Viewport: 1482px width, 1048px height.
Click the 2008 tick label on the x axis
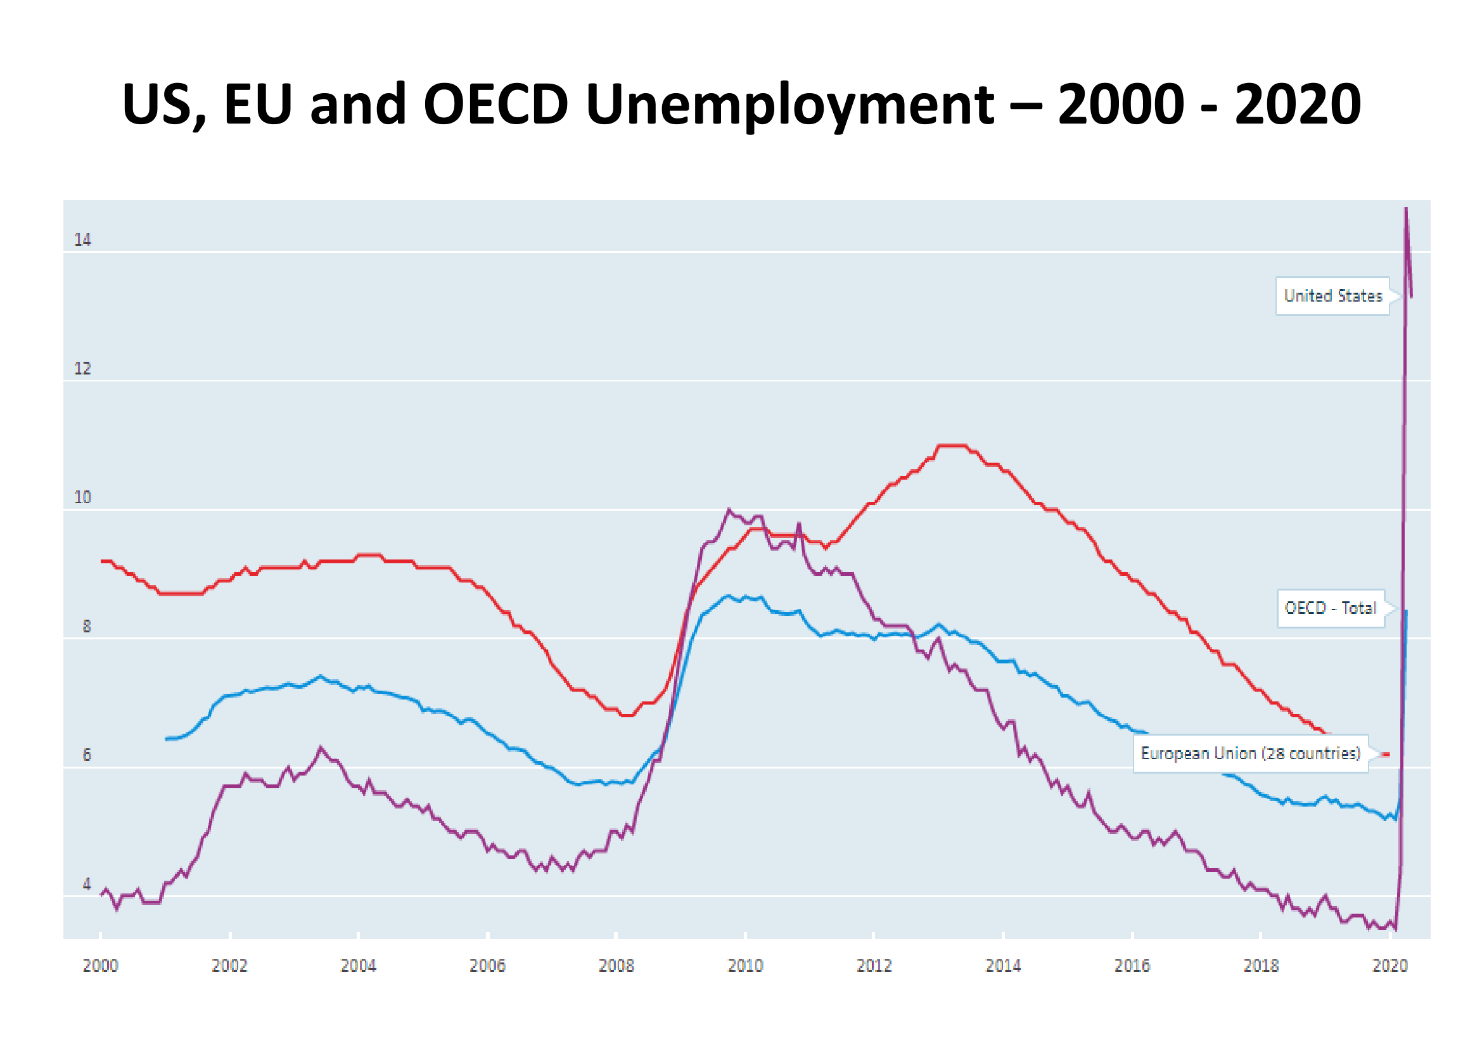(616, 966)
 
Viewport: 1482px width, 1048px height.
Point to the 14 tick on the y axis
(82, 240)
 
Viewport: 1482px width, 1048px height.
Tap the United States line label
(1332, 296)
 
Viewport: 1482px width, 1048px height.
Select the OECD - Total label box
(1331, 608)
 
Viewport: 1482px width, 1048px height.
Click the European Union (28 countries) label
(1250, 753)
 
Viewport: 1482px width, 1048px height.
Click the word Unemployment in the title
(790, 105)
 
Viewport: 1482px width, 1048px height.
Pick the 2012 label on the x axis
(873, 966)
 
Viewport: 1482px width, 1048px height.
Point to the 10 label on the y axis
(82, 497)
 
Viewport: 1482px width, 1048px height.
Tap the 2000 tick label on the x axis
(101, 966)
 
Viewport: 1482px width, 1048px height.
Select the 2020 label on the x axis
(1389, 966)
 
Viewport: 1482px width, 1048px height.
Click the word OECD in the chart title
(495, 105)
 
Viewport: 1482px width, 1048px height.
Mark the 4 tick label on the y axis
(87, 884)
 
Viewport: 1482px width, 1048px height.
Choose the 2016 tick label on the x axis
(1132, 966)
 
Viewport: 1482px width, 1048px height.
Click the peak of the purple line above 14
(1407, 209)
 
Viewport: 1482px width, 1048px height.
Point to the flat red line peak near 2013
(952, 445)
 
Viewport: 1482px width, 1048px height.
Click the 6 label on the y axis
(87, 755)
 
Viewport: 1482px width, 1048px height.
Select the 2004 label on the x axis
(358, 966)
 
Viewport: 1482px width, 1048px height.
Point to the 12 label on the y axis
(82, 369)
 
